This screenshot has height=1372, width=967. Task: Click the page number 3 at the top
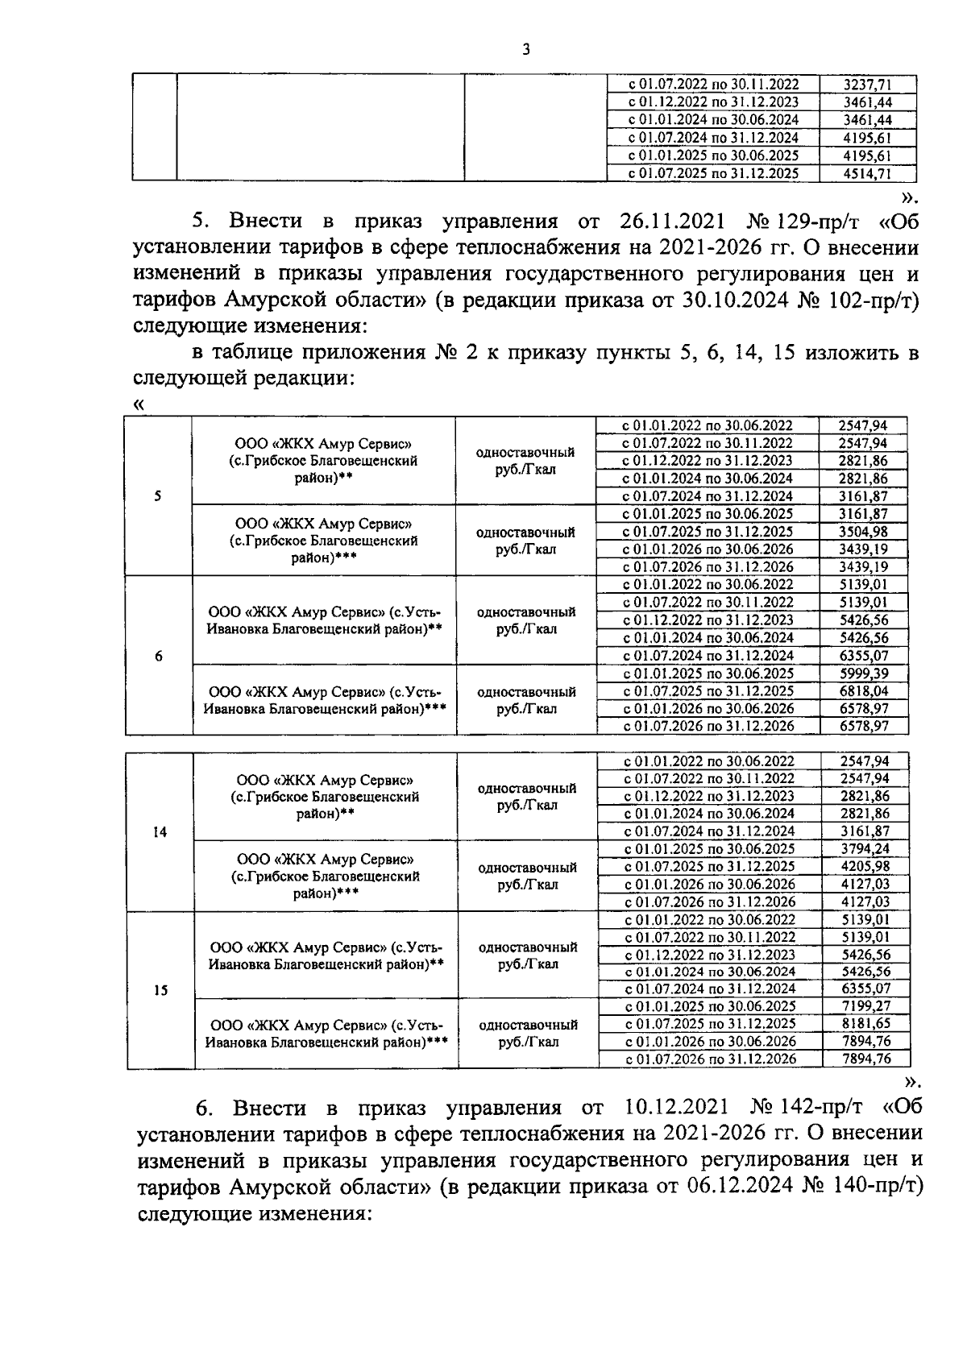click(x=525, y=50)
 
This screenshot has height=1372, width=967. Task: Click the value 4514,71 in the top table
click(x=867, y=173)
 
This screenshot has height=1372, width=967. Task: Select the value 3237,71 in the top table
click(x=867, y=84)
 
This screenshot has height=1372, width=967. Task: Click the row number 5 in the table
click(x=158, y=496)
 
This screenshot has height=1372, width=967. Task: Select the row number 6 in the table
click(x=159, y=656)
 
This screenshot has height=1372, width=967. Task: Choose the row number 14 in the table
click(x=160, y=831)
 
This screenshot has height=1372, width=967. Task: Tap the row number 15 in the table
click(x=160, y=990)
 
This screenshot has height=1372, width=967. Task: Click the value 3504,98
click(x=863, y=532)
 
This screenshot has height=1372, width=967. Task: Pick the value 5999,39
click(x=863, y=674)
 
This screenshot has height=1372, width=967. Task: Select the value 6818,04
click(x=863, y=691)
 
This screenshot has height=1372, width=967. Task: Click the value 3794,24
click(x=865, y=848)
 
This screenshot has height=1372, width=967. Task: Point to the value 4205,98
click(x=865, y=866)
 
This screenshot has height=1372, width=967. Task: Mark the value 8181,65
click(x=865, y=1024)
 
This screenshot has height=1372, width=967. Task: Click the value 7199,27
click(x=865, y=1006)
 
